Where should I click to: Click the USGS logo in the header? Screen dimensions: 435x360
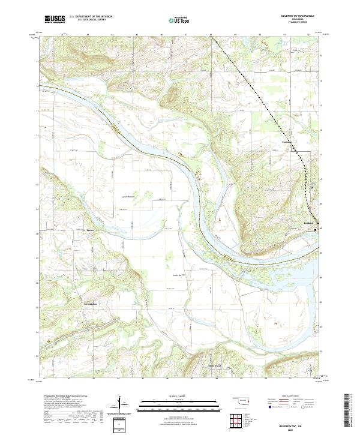54,19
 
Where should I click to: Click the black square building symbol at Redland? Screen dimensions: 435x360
316,228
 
